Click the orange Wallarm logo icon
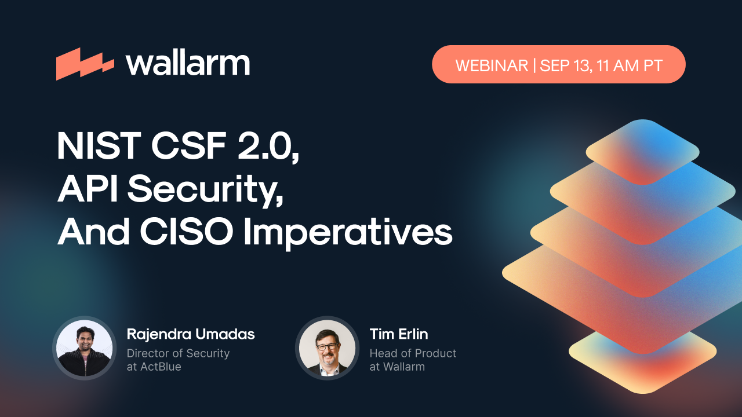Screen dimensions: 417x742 coord(85,64)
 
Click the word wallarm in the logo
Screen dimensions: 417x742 coord(187,63)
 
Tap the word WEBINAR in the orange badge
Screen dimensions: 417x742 coord(492,65)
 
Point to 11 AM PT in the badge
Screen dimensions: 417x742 coord(629,65)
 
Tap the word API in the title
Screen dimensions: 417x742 coord(88,189)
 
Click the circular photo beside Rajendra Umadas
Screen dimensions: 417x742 coord(82,348)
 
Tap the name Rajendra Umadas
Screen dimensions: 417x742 coord(191,334)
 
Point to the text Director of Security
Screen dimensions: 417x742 coord(178,353)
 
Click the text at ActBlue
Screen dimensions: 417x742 coord(154,367)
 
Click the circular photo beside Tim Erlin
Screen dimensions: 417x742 coord(326,348)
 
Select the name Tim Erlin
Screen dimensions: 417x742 coord(399,334)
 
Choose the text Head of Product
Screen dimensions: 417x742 coord(413,353)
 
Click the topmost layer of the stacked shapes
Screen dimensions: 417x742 coord(642,151)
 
